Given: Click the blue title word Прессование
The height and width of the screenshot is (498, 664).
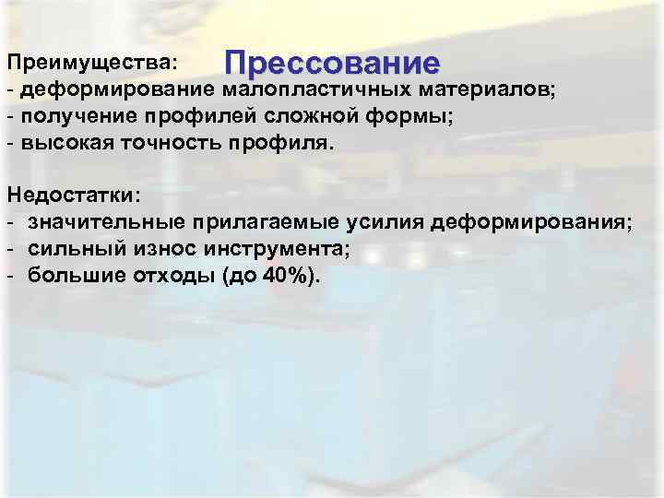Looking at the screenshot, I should coord(333,64).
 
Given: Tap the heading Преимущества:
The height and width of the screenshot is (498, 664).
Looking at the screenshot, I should coord(89,63).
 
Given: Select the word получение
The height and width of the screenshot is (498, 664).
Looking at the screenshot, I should coord(77,118).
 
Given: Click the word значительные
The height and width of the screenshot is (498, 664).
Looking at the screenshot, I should coord(107,223).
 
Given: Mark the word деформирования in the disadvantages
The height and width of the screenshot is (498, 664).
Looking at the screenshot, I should coord(526,223).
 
